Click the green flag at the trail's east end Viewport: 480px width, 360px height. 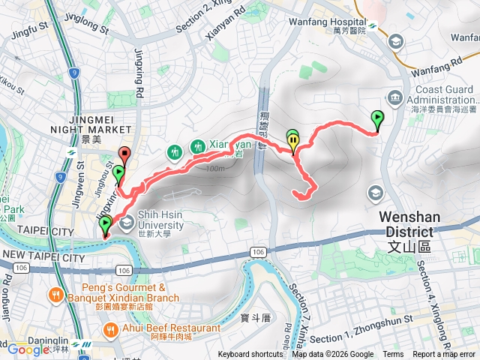click(377, 119)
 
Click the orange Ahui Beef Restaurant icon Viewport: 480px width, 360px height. click(111, 328)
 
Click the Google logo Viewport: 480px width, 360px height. click(28, 349)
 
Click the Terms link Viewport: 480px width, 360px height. click(393, 355)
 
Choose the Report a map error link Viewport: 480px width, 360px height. click(445, 355)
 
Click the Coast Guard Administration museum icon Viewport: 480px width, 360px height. click(394, 96)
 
